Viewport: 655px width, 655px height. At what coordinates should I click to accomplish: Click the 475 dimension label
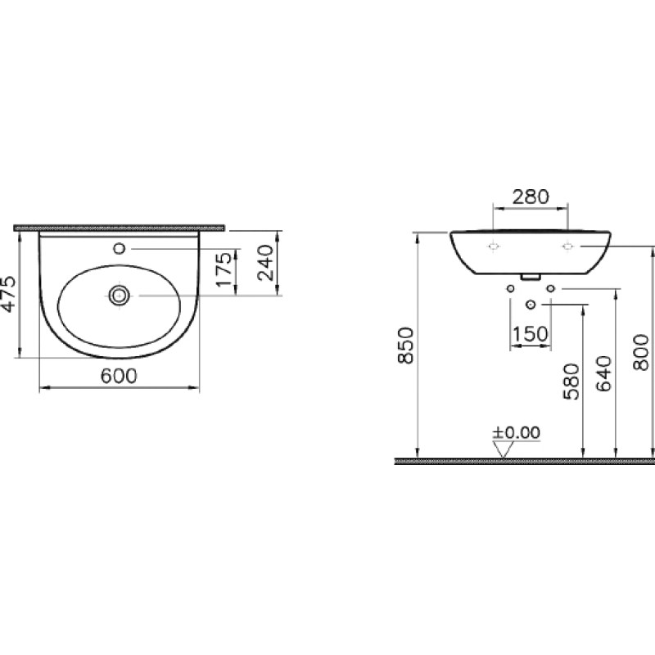pyautogui.click(x=8, y=294)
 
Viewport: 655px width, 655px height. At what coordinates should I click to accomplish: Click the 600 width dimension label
pyautogui.click(x=119, y=377)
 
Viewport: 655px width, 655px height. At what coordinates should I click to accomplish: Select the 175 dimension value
pyautogui.click(x=224, y=269)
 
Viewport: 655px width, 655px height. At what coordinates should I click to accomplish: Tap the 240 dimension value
pyautogui.click(x=265, y=263)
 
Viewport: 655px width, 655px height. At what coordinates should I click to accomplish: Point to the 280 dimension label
pyautogui.click(x=531, y=196)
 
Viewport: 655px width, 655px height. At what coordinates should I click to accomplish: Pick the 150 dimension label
pyautogui.click(x=530, y=334)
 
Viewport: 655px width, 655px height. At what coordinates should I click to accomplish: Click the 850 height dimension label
pyautogui.click(x=405, y=346)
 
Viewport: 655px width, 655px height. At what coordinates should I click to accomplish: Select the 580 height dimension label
pyautogui.click(x=571, y=382)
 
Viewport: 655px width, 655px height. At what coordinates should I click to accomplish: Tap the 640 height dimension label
pyautogui.click(x=604, y=373)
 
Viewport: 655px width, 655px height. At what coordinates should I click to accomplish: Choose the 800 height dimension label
pyautogui.click(x=641, y=352)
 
